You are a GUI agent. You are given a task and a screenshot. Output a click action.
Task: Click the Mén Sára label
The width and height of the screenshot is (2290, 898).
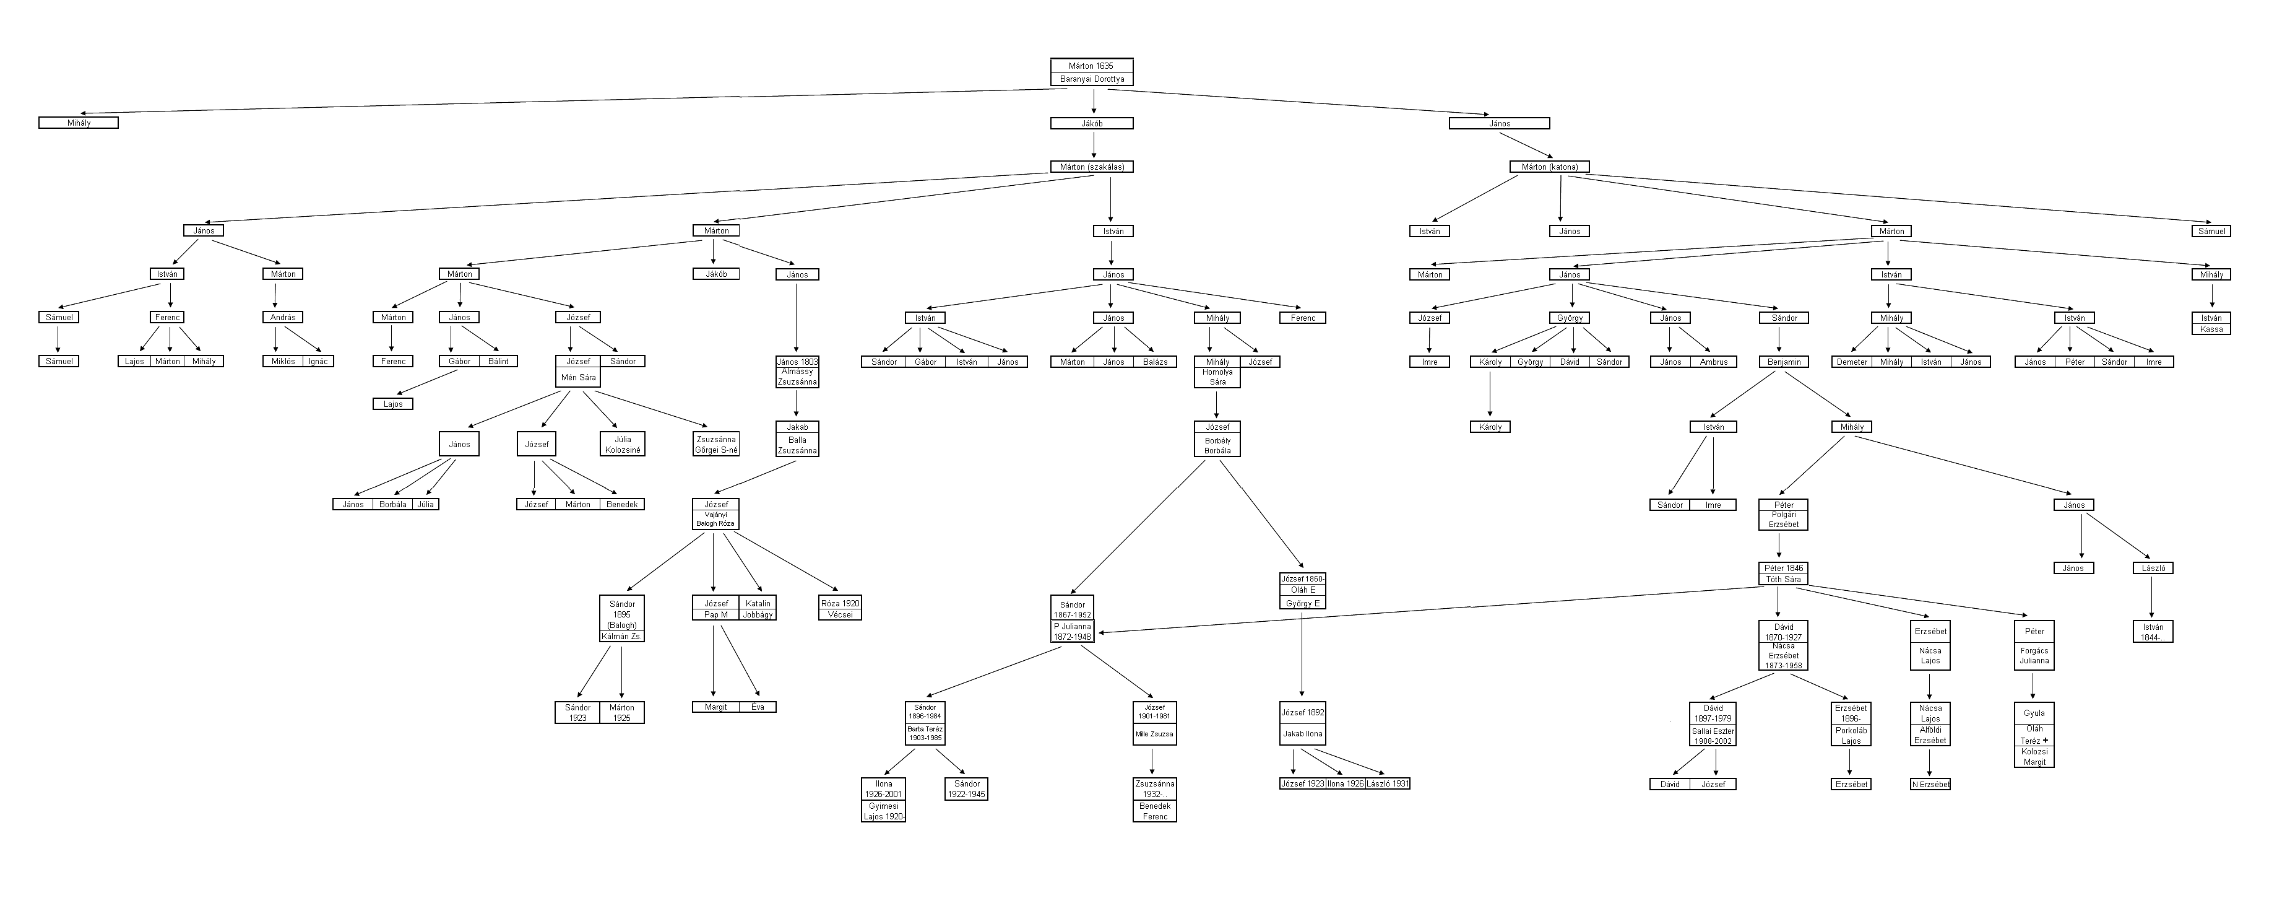[x=578, y=378]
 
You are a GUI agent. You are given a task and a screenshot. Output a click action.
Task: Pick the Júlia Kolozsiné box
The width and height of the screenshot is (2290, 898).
[x=622, y=445]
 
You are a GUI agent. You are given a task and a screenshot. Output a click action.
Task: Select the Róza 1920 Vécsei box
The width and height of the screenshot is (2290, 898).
[x=840, y=608]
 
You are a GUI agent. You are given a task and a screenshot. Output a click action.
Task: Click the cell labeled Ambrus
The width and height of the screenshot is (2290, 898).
[x=1713, y=362]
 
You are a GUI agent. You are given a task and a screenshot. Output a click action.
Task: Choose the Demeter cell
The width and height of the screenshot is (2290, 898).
[x=1852, y=362]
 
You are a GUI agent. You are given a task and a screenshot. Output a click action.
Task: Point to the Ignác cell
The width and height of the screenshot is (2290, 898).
[x=318, y=361]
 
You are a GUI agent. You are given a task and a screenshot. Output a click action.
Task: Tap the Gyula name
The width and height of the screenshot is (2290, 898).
[x=2034, y=713]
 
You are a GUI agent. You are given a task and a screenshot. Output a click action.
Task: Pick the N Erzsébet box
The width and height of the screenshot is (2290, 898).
[x=1930, y=784]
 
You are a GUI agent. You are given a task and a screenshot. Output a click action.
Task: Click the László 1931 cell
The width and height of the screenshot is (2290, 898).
[x=1388, y=783]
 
